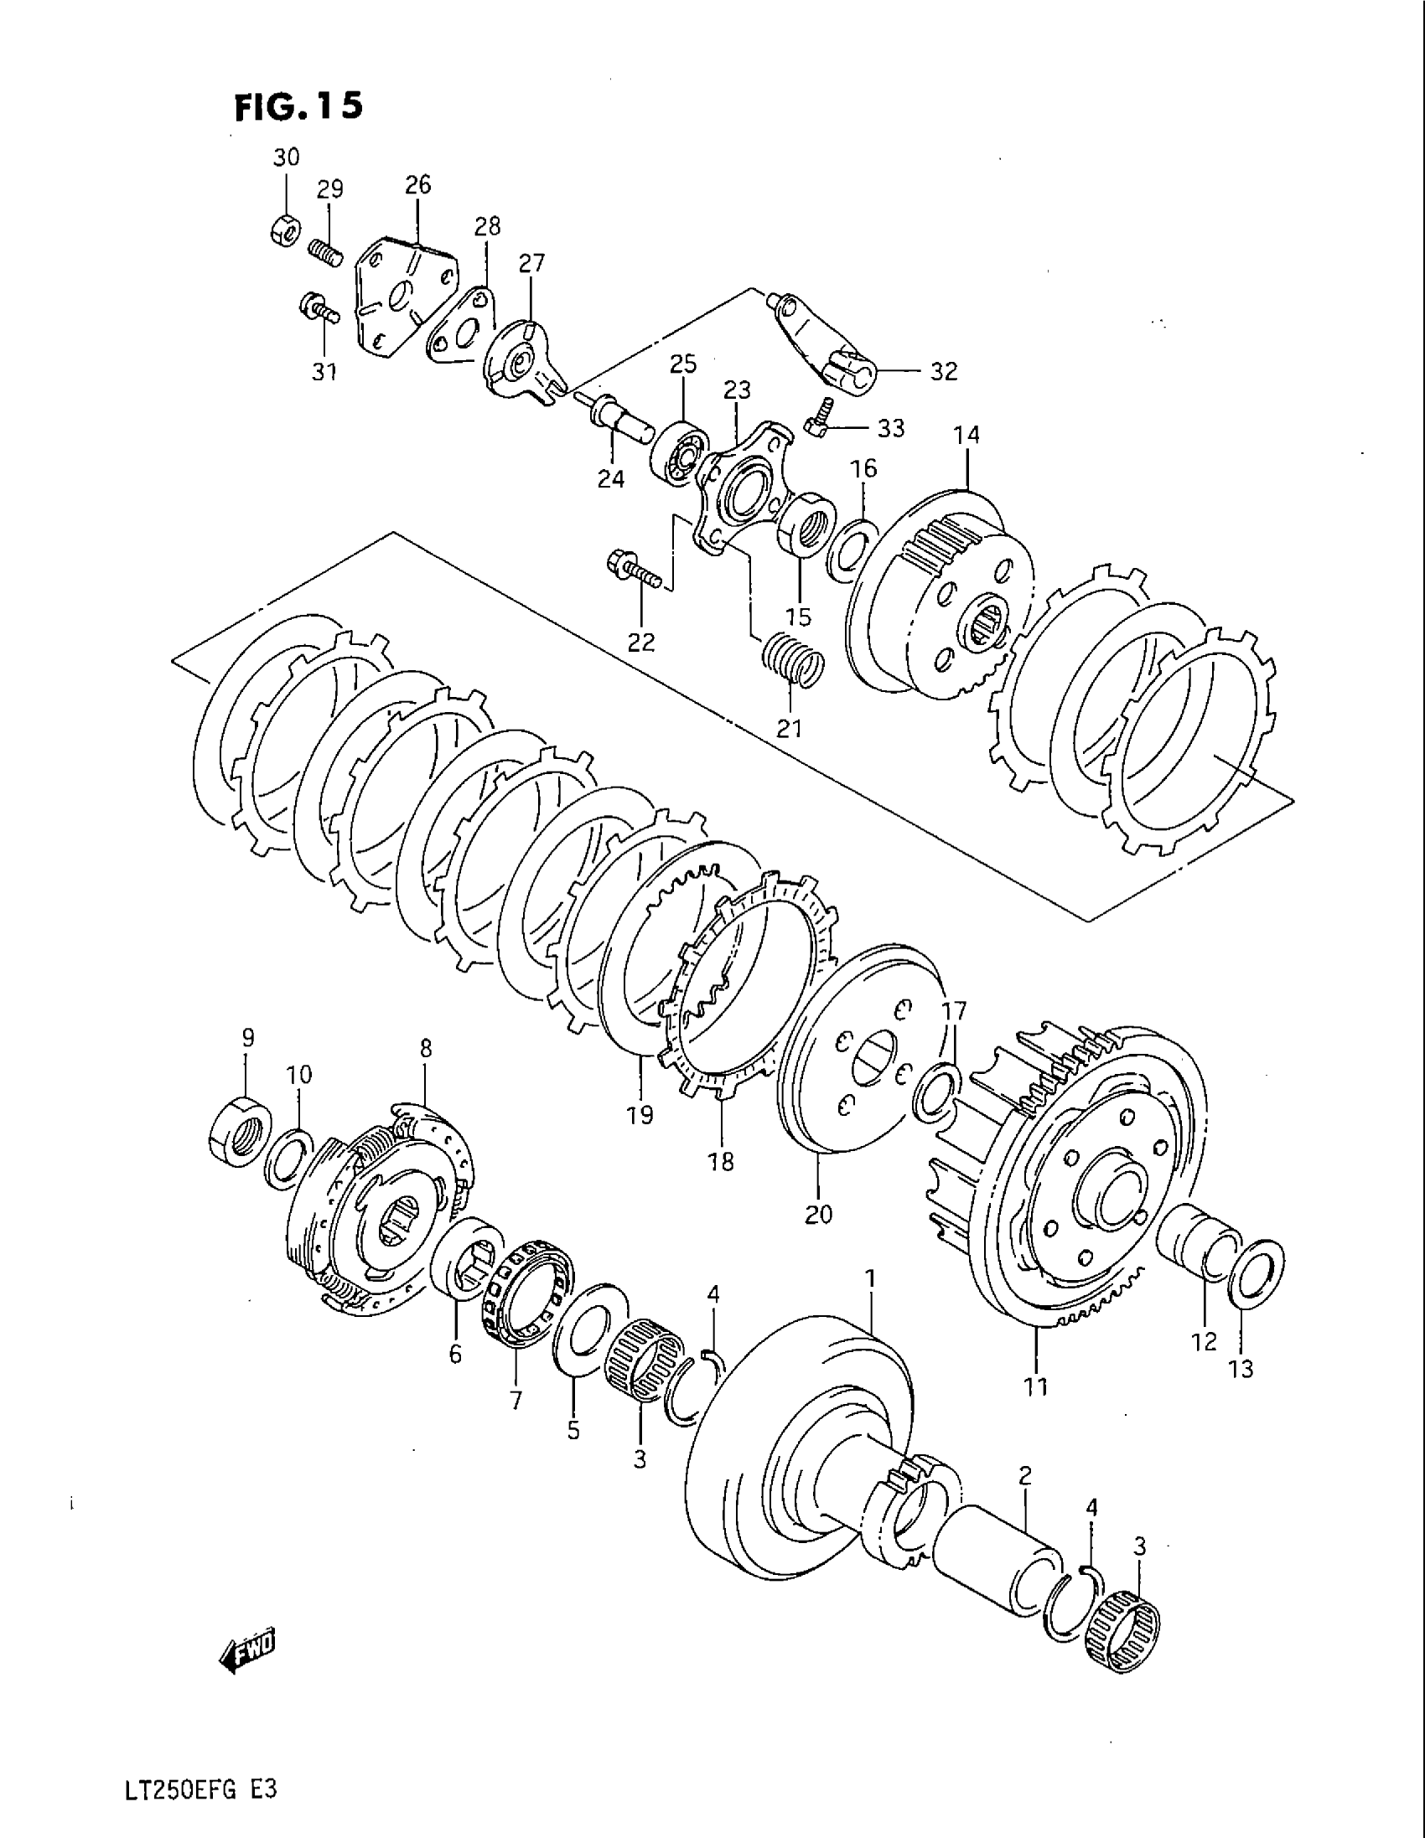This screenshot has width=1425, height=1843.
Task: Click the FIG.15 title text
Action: (298, 106)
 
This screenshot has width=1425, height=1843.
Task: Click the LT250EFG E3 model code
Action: (201, 1793)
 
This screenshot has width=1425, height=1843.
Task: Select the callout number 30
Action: (286, 157)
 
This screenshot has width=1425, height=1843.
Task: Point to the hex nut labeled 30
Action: (283, 230)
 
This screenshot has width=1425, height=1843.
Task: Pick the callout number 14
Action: (966, 436)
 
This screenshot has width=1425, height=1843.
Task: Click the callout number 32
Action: (945, 371)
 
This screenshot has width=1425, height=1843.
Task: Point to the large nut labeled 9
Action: (239, 1132)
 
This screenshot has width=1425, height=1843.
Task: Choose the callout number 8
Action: (426, 1048)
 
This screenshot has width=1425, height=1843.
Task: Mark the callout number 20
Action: (818, 1215)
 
